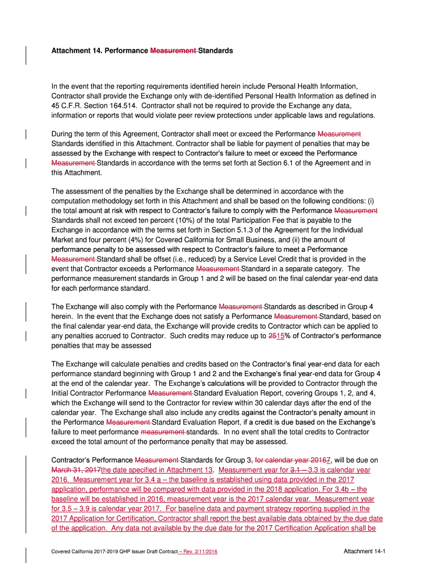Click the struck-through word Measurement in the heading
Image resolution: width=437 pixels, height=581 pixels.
pos(173,50)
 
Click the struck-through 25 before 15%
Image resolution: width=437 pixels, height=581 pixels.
pos(272,335)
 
